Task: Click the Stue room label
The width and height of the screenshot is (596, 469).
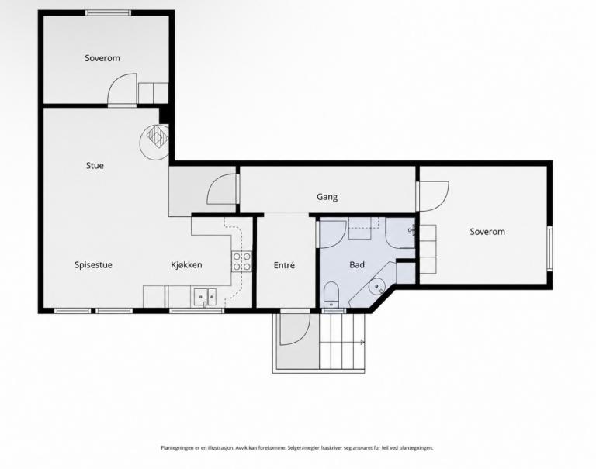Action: pyautogui.click(x=95, y=166)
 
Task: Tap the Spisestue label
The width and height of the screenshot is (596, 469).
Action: pyautogui.click(x=93, y=265)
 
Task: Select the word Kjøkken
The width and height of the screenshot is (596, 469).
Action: pyautogui.click(x=186, y=265)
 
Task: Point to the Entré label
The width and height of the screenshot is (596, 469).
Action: pyautogui.click(x=284, y=265)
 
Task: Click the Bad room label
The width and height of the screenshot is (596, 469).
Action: pyautogui.click(x=357, y=264)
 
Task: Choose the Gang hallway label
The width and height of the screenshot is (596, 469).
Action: pyautogui.click(x=327, y=197)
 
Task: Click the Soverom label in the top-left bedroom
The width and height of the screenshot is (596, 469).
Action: pyautogui.click(x=102, y=58)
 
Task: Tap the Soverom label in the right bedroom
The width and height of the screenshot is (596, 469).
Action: pyautogui.click(x=487, y=232)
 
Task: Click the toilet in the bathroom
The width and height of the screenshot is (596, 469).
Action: pyautogui.click(x=331, y=294)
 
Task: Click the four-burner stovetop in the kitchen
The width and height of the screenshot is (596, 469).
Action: pyautogui.click(x=242, y=262)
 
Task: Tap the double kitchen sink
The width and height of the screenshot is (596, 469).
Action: pyautogui.click(x=205, y=297)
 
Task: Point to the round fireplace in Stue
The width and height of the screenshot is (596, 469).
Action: pyautogui.click(x=154, y=142)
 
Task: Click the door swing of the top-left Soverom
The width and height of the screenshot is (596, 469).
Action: pyautogui.click(x=122, y=89)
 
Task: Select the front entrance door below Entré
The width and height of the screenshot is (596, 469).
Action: pyautogui.click(x=296, y=329)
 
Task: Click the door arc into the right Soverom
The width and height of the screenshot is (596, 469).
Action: pyautogui.click(x=433, y=196)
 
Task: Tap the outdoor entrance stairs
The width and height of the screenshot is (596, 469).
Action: pyautogui.click(x=341, y=340)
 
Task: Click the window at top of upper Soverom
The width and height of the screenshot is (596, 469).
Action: pyautogui.click(x=108, y=13)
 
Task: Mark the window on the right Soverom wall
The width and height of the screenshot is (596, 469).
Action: pyautogui.click(x=549, y=248)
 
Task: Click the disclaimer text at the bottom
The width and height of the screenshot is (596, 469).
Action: pyautogui.click(x=297, y=448)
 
